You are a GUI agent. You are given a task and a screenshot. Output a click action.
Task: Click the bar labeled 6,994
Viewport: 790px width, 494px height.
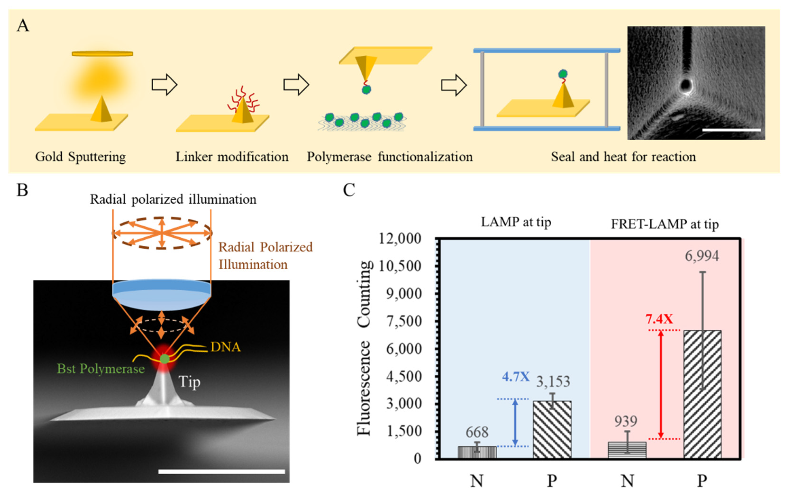click(x=702, y=394)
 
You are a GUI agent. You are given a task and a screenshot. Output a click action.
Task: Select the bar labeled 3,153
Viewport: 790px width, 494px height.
click(x=552, y=429)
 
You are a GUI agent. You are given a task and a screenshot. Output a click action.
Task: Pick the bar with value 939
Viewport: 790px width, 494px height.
click(x=627, y=450)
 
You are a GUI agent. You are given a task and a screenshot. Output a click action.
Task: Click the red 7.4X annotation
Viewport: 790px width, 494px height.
click(x=659, y=319)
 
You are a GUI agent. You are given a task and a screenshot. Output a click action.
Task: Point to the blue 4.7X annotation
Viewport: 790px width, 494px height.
click(x=516, y=377)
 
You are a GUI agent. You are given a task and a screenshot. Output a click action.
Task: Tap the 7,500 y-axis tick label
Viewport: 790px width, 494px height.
click(x=404, y=322)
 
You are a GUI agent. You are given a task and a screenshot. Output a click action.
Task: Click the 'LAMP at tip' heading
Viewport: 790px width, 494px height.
click(x=516, y=222)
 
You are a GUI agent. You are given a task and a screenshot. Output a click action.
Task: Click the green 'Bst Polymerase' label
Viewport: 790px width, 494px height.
click(x=101, y=369)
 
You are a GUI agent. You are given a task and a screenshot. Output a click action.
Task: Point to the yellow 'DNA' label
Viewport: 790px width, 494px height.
click(x=226, y=347)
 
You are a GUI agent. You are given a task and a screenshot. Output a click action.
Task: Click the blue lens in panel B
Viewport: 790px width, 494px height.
click(x=161, y=294)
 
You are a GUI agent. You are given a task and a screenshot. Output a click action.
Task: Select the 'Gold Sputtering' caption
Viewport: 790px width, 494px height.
click(x=80, y=157)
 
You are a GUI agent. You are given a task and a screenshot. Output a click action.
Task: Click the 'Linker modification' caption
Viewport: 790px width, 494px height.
click(x=232, y=157)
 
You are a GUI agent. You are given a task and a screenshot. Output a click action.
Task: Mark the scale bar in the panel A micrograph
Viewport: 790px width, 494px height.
click(x=731, y=130)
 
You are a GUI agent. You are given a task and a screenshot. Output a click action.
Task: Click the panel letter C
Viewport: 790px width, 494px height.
click(x=349, y=190)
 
